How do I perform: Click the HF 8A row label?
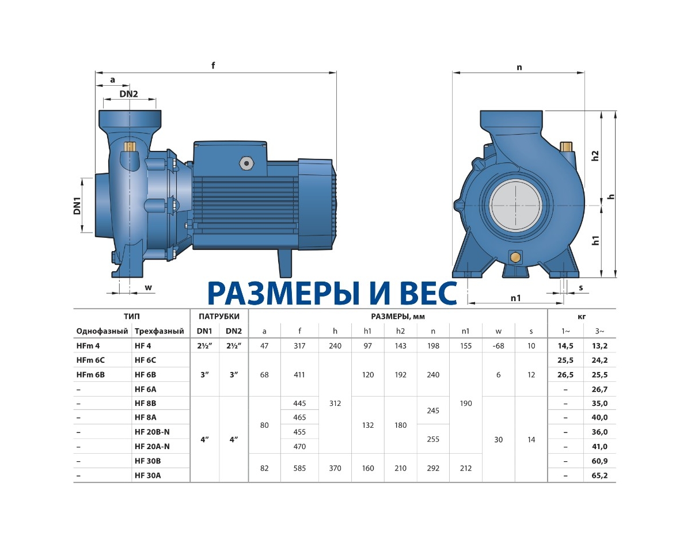click(x=145, y=417)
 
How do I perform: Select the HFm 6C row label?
click(x=90, y=360)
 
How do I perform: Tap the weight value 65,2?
click(x=599, y=476)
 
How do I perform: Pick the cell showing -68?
click(x=498, y=346)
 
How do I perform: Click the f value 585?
click(x=299, y=468)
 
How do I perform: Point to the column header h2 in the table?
click(x=400, y=331)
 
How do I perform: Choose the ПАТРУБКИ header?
click(x=219, y=316)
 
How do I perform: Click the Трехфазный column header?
click(x=160, y=331)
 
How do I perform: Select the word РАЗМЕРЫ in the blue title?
click(x=283, y=293)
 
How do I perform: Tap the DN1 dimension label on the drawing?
click(x=77, y=206)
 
